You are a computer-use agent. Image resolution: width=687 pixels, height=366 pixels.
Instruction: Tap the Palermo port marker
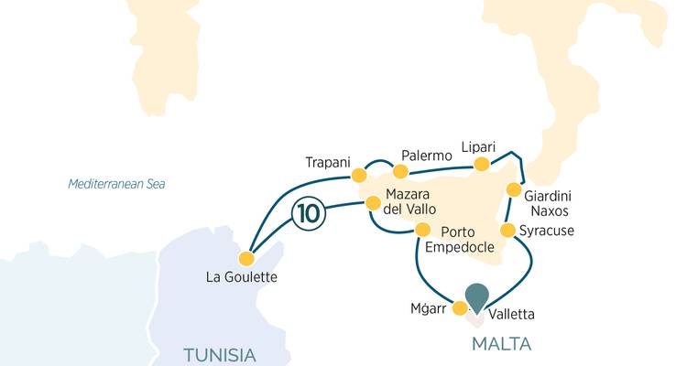399,171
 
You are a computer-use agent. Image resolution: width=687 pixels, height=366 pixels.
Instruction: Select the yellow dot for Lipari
480,165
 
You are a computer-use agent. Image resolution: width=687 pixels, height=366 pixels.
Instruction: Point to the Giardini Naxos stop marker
514,191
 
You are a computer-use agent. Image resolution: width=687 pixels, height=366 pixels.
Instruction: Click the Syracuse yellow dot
507,229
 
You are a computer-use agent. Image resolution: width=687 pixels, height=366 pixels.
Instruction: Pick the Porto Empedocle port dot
422,229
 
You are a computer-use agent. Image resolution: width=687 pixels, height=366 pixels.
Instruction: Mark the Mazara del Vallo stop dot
373,203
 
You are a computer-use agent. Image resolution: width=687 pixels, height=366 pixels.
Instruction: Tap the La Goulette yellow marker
245,259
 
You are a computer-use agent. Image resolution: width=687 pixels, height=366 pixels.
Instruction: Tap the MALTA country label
501,344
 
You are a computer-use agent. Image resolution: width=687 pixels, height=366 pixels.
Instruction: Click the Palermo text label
427,156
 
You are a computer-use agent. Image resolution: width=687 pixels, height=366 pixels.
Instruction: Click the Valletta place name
512,315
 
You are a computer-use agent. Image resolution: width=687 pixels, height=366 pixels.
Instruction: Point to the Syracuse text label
546,230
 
